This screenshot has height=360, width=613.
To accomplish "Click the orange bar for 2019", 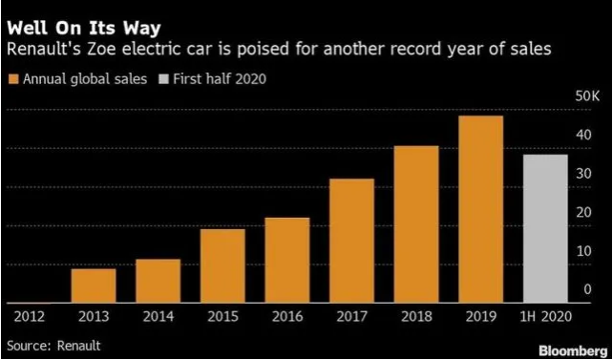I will coord(480,208).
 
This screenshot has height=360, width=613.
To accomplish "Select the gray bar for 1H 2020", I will coord(545,228).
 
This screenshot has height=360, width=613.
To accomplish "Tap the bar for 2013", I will coord(94,285).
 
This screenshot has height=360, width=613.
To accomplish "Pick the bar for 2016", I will coord(287,260).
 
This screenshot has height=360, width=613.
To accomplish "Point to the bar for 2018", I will coord(416,223).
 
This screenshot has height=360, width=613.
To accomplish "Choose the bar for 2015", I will coord(222,265).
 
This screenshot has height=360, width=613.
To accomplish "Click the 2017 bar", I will coord(351,240).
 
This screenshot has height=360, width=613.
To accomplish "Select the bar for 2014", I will coord(158,280).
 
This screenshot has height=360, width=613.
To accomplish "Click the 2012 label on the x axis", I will coord(29,316).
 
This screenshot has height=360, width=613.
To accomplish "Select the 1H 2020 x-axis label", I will coord(545,316).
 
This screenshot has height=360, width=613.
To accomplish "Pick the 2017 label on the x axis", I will coord(351,316).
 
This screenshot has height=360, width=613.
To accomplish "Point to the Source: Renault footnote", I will coord(53,344).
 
